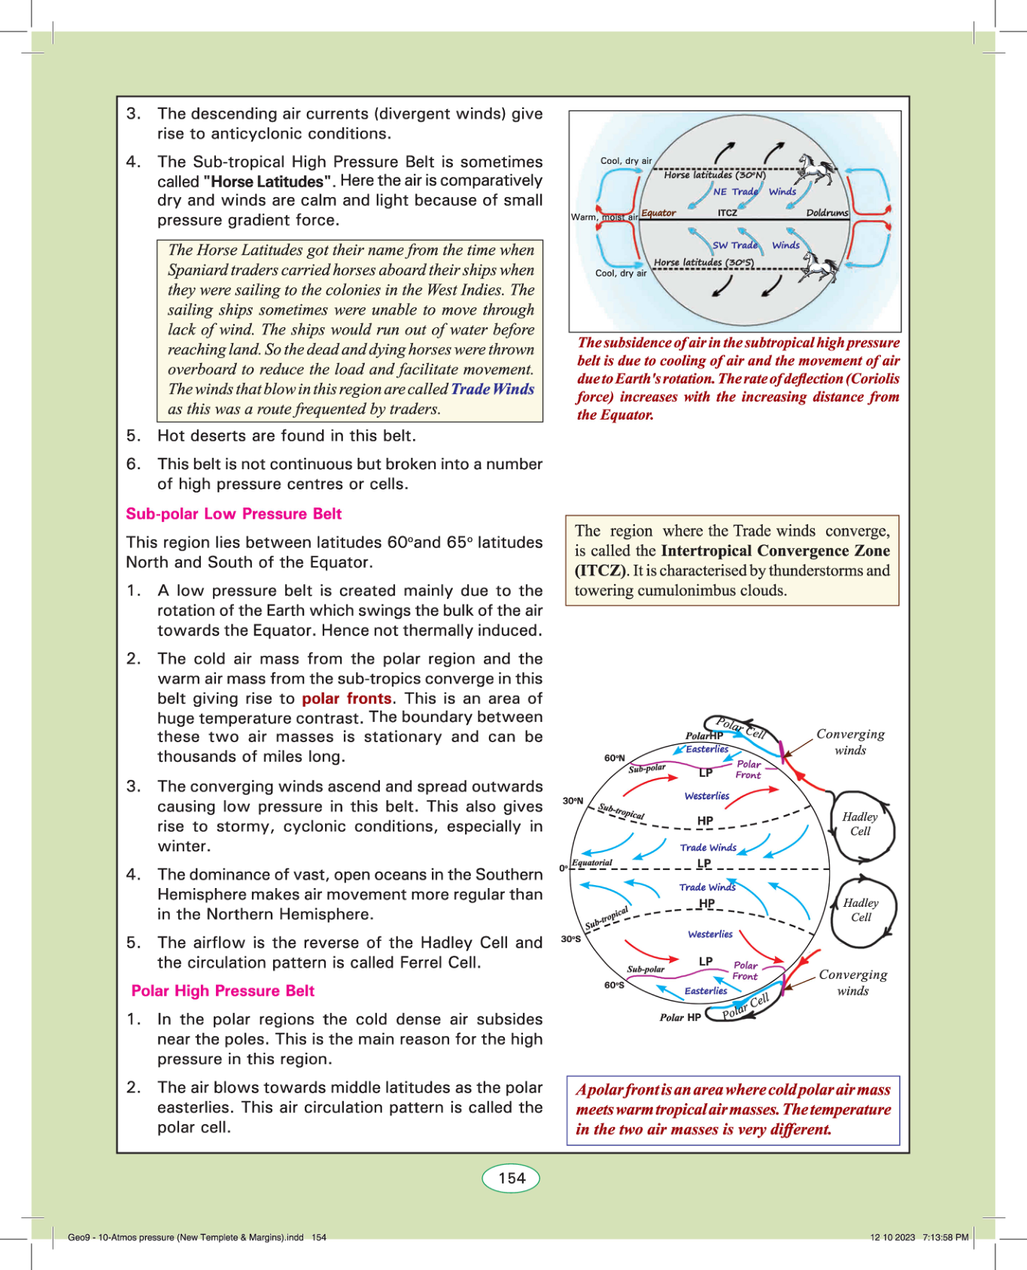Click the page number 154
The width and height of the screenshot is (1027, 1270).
pos(512,1178)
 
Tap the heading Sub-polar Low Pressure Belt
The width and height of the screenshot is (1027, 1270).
pos(233,514)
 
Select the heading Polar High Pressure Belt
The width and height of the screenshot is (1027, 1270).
pos(223,990)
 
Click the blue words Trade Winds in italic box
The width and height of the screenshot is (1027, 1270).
pos(492,389)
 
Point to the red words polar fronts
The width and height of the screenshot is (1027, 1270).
pos(346,698)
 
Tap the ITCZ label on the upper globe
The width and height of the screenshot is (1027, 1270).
pos(727,213)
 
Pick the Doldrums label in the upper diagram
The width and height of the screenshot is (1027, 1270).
pos(826,213)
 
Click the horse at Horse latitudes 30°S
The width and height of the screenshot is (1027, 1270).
pos(819,265)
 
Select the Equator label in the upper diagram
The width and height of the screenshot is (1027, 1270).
pos(658,213)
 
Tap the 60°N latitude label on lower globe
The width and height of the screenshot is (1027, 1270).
pos(614,757)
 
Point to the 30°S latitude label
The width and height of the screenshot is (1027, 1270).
pos(571,938)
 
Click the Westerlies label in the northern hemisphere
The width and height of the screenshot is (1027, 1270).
pos(706,796)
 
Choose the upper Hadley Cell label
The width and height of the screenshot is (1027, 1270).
pos(860,823)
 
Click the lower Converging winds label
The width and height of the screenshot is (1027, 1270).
pos(852,982)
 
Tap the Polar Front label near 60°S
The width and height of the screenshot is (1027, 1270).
pos(745,970)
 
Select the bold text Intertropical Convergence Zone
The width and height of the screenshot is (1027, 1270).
pos(775,550)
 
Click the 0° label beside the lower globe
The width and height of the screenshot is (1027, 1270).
pos(563,868)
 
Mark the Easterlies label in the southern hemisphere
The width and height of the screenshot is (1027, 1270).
pos(705,990)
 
